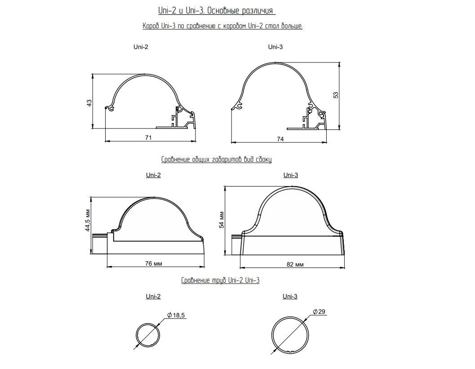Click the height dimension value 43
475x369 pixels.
[89, 103]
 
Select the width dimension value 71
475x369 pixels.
[148, 138]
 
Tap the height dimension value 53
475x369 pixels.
[336, 95]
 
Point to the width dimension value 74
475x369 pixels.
[280, 139]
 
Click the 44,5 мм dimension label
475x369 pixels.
[88, 220]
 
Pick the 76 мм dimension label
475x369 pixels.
[154, 263]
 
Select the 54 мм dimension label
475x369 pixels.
[222, 220]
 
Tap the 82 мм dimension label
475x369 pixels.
[295, 264]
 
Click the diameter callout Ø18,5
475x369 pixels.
[176, 316]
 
